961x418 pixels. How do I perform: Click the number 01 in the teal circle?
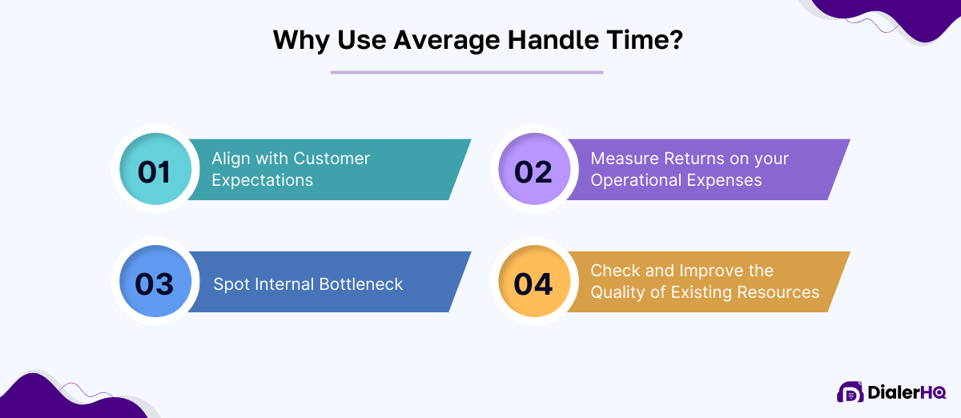tap(154, 171)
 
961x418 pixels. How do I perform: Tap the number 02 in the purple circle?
tap(533, 171)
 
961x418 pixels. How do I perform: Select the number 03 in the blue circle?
tap(155, 283)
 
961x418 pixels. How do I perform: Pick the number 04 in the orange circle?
tap(533, 283)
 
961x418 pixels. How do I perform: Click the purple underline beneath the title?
tap(467, 73)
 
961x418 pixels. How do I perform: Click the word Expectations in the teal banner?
tap(262, 179)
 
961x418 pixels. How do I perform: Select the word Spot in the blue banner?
tap(231, 283)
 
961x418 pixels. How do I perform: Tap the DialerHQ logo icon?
tap(850, 392)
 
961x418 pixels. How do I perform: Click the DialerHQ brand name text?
tap(906, 392)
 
